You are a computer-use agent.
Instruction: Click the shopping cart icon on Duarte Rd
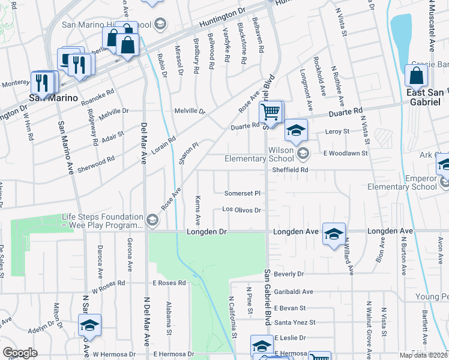[x=271, y=111]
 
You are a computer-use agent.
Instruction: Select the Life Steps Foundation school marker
[x=152, y=221]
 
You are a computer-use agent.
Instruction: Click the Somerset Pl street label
[x=243, y=193]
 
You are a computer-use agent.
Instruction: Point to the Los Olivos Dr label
[x=242, y=210]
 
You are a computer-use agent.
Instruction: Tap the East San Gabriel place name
[x=424, y=97]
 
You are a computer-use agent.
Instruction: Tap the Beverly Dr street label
[x=289, y=274]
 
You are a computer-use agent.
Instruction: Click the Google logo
[x=20, y=353]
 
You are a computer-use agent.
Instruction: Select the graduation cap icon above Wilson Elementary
[x=296, y=128]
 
